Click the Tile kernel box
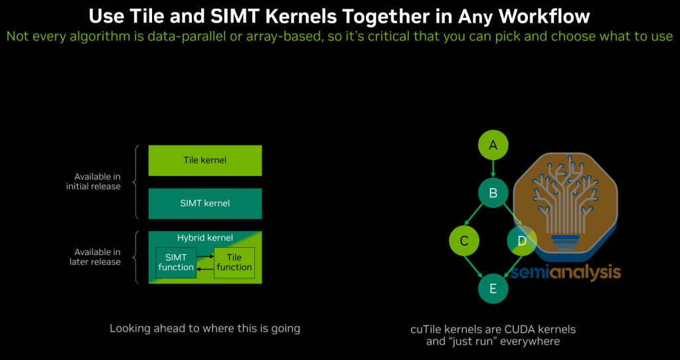tap(205, 160)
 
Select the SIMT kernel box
tap(205, 203)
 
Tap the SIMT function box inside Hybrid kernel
tap(176, 262)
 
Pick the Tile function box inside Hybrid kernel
tap(234, 262)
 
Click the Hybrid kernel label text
tap(205, 237)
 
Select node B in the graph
tap(493, 193)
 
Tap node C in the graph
tap(464, 241)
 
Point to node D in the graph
tap(521, 241)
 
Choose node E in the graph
tap(493, 288)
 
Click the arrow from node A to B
tap(493, 169)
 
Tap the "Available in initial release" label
tap(93, 181)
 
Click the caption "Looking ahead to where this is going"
tap(205, 328)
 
